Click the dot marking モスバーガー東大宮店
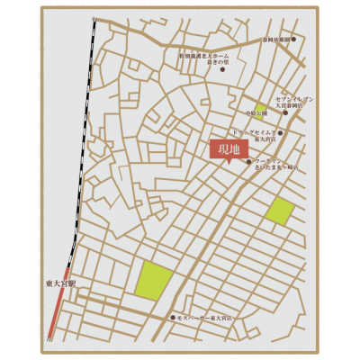pyautogui.click(x=173, y=319)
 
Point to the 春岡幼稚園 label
pyautogui.click(x=273, y=40)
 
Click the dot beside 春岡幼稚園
pyautogui.click(x=293, y=40)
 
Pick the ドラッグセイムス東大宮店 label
pyautogui.click(x=259, y=135)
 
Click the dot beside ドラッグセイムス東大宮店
pyautogui.click(x=282, y=133)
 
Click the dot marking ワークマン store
pyautogui.click(x=248, y=162)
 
